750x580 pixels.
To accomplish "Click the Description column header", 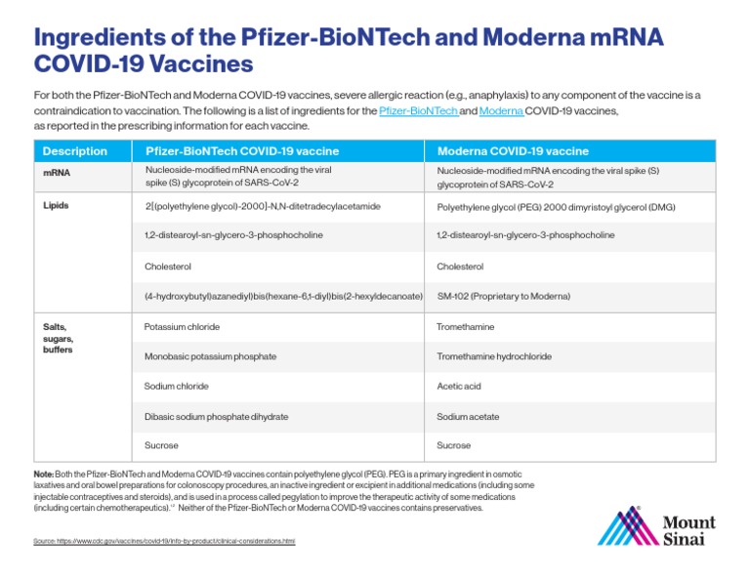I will (75, 151).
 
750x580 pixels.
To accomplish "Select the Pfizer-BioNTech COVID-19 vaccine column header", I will (242, 151).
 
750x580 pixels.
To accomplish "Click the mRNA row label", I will (58, 173).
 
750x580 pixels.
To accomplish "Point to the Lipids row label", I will (58, 206).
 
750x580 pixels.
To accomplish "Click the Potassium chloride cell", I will (182, 327).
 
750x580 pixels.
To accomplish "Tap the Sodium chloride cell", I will (177, 387).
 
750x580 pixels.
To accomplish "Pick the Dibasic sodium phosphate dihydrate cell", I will (216, 417).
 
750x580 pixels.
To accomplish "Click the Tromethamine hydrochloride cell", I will (494, 357).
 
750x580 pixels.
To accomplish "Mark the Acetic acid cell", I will (459, 387).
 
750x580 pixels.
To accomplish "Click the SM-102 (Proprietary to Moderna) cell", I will (503, 296).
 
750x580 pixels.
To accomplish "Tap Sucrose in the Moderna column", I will (454, 446).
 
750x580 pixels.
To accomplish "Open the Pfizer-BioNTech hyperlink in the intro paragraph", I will (418, 112).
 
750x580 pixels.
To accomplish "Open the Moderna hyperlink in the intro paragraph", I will (501, 112).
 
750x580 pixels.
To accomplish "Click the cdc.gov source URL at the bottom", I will (163, 540).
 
